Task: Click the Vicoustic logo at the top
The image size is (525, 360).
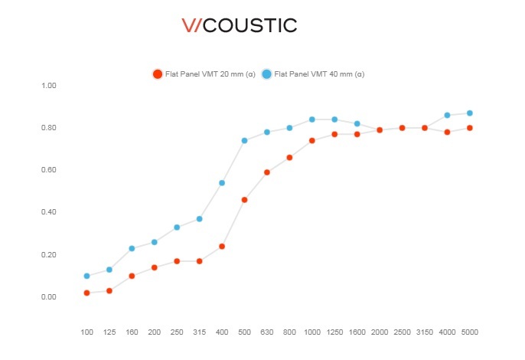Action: click(239, 25)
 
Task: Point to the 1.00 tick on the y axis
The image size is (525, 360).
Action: click(48, 85)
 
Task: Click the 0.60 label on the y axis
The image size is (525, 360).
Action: click(48, 170)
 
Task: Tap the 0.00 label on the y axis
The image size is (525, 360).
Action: click(48, 297)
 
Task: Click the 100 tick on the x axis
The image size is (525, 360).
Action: click(86, 332)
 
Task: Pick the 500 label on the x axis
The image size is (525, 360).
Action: click(244, 332)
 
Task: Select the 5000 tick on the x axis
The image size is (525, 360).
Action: click(469, 332)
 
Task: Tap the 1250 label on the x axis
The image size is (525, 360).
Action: click(334, 332)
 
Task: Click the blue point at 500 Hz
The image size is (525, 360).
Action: click(244, 140)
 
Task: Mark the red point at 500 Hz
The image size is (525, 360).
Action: click(244, 200)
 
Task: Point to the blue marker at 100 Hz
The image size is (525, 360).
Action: click(86, 276)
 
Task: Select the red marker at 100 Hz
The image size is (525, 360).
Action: click(86, 293)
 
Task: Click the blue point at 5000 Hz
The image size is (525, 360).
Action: click(469, 113)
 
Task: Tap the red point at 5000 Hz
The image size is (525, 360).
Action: click(469, 128)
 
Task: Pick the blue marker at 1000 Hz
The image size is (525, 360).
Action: click(311, 119)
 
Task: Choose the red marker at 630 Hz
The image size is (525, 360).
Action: click(267, 172)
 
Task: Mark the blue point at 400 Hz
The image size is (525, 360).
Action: click(222, 183)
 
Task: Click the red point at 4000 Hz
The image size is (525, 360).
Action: click(447, 132)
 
